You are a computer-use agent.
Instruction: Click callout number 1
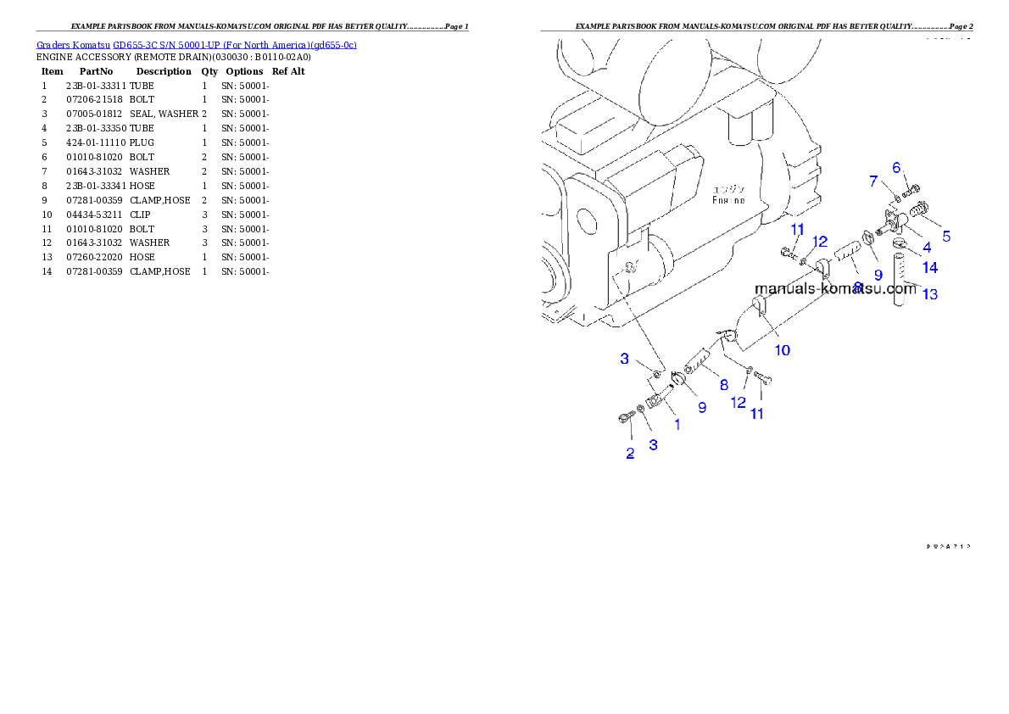pos(677,424)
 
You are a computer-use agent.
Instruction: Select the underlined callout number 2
pos(630,452)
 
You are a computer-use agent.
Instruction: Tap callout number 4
pos(927,248)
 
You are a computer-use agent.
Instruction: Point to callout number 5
pos(946,237)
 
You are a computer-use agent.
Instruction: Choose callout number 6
pos(896,168)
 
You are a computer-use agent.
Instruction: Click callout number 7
pos(872,181)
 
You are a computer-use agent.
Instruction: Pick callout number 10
pos(783,349)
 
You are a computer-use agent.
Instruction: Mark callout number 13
pos(930,294)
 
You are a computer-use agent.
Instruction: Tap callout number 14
pos(930,268)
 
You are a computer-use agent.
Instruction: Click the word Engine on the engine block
pos(728,200)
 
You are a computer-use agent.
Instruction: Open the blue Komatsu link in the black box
pos(196,44)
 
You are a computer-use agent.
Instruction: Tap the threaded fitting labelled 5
pos(919,209)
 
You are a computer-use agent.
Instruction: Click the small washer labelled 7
pos(896,199)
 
